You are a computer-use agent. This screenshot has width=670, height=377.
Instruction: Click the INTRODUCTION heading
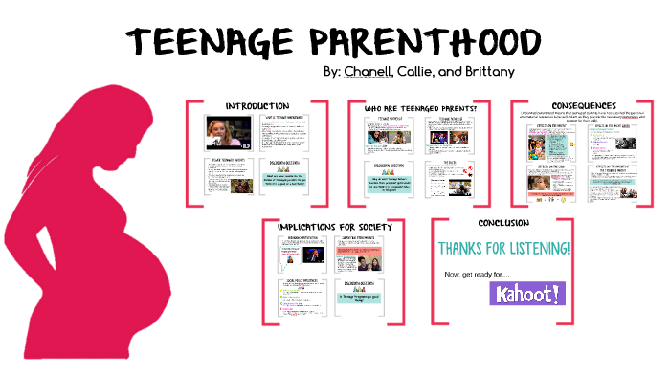pyautogui.click(x=257, y=105)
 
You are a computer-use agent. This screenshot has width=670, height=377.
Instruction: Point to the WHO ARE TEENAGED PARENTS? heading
pyautogui.click(x=419, y=108)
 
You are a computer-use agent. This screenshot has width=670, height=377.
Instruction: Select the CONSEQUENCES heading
pyautogui.click(x=583, y=105)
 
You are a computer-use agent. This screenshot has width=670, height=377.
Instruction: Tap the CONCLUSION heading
pyautogui.click(x=502, y=223)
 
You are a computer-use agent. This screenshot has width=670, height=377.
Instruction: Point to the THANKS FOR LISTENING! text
pyautogui.click(x=504, y=249)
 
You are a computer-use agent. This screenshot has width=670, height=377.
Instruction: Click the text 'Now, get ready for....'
pyautogui.click(x=478, y=277)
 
